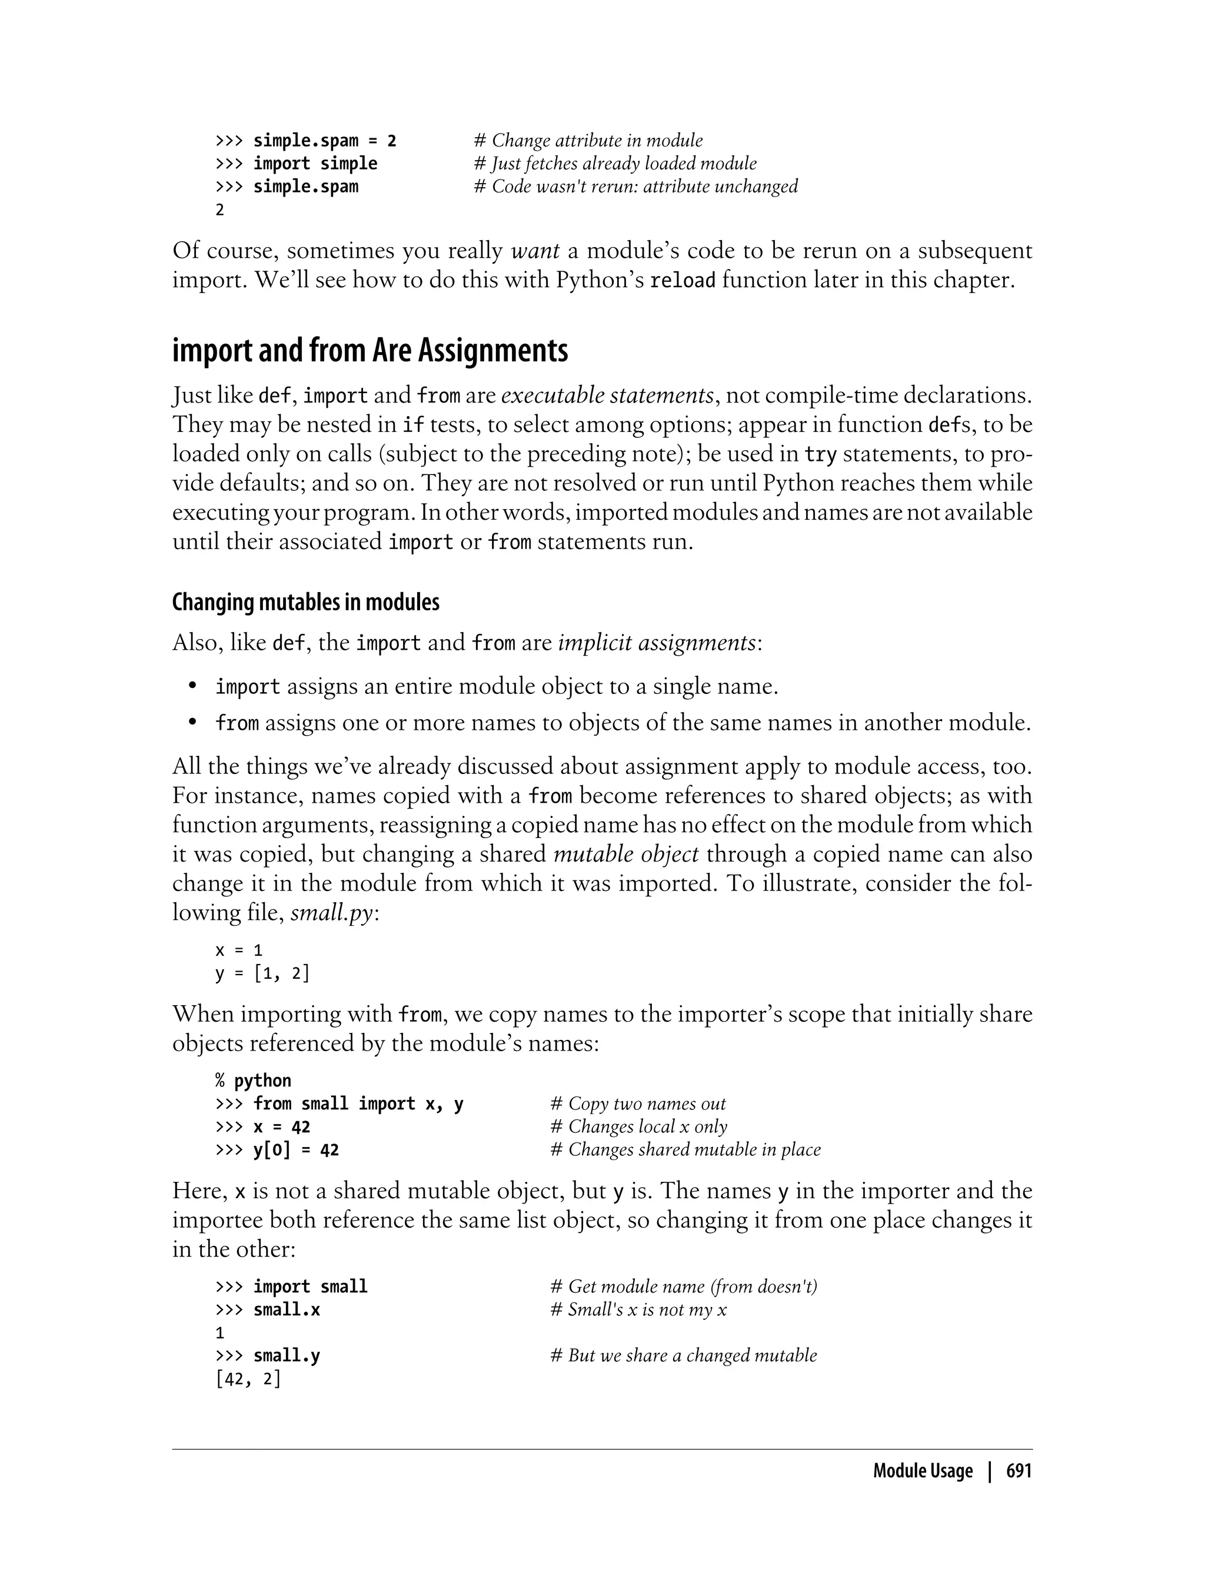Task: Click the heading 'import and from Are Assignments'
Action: point(370,351)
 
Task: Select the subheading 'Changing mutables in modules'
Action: point(305,602)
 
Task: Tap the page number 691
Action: point(1018,1471)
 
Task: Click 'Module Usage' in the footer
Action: point(923,1471)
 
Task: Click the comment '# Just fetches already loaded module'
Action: point(615,164)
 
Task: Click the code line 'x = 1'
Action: point(239,950)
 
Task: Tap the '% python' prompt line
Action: point(253,1081)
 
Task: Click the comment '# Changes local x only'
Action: point(638,1126)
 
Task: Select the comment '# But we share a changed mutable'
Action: point(684,1355)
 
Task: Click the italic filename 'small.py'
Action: point(332,913)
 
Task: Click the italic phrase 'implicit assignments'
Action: point(657,642)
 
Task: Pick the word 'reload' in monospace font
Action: point(682,281)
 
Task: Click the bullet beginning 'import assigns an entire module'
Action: point(497,687)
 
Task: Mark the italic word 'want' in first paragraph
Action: point(535,251)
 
